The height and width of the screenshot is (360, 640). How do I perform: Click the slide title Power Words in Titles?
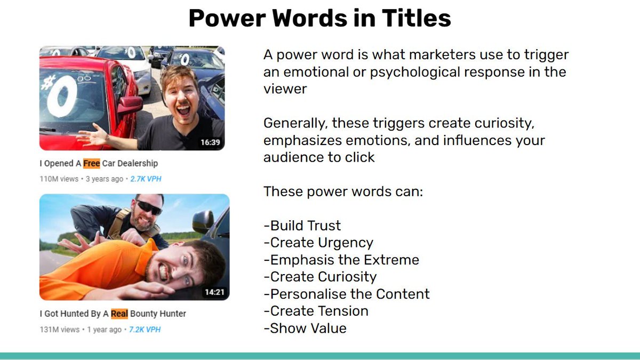319,19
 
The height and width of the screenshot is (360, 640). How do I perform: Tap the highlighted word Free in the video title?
92,163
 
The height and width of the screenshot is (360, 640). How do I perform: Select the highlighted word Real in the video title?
119,314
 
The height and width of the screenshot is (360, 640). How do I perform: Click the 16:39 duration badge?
210,142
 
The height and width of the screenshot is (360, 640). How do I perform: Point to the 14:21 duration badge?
215,292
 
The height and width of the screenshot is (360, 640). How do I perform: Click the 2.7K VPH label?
146,179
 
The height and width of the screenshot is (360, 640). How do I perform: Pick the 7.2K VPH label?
145,330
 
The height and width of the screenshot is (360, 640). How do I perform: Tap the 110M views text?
59,179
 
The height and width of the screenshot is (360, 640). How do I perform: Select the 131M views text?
59,330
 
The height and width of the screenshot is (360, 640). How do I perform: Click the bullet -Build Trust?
302,226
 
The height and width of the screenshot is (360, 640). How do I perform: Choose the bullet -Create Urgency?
318,243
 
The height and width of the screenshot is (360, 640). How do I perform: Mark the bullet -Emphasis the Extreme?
341,260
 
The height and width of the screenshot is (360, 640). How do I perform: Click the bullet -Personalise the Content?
347,294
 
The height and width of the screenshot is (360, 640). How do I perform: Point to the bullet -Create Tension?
316,311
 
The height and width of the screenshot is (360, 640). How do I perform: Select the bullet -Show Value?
305,328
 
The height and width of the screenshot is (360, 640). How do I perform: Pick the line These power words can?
343,191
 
